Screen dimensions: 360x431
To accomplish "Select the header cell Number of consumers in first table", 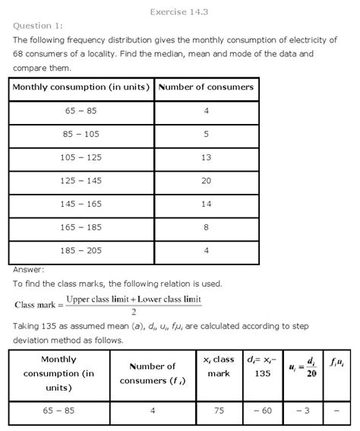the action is [x=205, y=87].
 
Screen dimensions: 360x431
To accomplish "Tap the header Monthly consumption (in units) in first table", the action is [x=81, y=87].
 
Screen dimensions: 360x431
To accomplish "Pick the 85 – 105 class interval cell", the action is [x=81, y=135].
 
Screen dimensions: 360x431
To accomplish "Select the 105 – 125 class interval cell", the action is [x=81, y=158].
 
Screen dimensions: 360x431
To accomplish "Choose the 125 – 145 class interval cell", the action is [x=81, y=182].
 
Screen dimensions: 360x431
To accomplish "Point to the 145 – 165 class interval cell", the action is [x=81, y=205].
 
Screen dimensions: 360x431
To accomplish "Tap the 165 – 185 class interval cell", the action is [x=81, y=229].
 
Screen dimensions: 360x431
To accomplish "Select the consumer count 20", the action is [x=205, y=182].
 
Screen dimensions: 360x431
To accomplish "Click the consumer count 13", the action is [x=205, y=158].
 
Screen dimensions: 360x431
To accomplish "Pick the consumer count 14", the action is [x=205, y=205].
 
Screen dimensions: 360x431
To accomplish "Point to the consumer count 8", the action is [x=205, y=229].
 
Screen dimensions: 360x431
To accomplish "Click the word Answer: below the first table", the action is [x=28, y=268].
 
